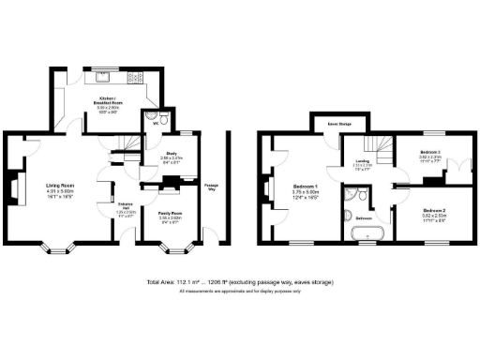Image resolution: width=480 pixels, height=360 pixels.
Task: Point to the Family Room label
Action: point(169,215)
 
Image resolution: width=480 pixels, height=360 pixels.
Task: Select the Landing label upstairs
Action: point(362,164)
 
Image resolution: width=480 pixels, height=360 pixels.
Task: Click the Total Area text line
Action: point(240,282)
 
